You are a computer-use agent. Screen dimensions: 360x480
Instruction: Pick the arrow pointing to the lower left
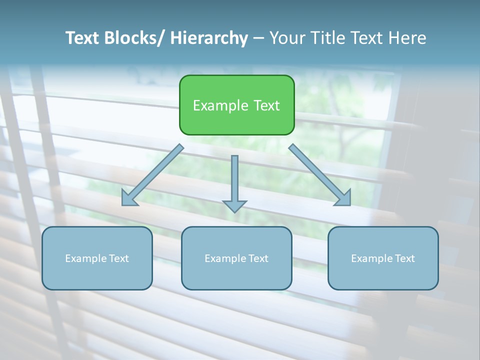tap(152, 175)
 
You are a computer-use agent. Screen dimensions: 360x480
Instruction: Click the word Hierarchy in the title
tap(209, 38)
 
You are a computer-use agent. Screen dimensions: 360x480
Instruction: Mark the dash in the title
tap(258, 38)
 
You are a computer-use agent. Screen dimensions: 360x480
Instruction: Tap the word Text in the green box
tap(265, 105)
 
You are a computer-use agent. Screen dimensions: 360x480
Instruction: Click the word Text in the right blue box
tap(404, 258)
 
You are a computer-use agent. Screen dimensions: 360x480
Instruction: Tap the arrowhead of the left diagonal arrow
tap(128, 199)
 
